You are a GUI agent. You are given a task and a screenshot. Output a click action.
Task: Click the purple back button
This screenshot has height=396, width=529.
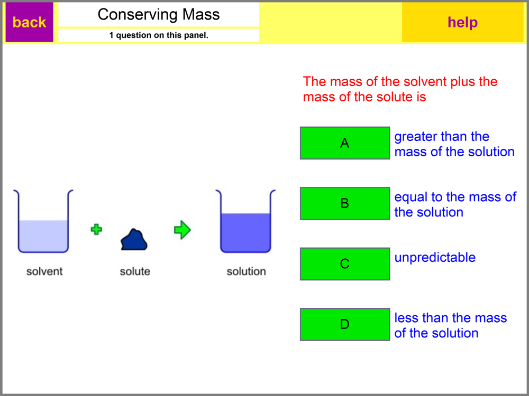[29, 22]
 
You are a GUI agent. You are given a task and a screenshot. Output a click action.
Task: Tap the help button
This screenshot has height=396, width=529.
[462, 22]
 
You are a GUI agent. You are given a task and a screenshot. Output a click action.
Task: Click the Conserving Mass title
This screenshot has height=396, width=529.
[159, 14]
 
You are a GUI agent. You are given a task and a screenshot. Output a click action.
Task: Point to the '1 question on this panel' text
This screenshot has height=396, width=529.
[159, 35]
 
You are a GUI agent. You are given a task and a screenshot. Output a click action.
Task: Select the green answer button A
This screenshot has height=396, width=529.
[344, 143]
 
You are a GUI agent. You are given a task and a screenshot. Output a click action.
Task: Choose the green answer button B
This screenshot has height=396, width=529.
[344, 203]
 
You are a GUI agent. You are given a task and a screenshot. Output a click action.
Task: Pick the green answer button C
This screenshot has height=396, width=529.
[344, 263]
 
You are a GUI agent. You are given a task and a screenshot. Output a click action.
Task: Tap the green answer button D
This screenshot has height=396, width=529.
[344, 324]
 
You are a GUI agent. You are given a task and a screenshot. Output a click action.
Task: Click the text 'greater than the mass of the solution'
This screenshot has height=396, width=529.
[454, 144]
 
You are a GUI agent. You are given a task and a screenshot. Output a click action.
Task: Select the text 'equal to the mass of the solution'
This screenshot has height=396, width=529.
[455, 204]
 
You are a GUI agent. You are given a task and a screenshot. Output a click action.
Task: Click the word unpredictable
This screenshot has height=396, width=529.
[435, 258]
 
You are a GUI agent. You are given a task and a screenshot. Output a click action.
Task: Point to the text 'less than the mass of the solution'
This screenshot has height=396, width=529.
[450, 325]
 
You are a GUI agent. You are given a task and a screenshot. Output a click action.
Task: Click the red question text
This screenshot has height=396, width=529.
[400, 89]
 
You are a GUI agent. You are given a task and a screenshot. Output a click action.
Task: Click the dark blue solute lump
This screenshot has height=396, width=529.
[134, 240]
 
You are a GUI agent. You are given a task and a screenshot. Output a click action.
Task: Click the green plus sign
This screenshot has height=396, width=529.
[96, 229]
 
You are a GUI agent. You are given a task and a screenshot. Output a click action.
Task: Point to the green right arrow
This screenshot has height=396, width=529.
[182, 230]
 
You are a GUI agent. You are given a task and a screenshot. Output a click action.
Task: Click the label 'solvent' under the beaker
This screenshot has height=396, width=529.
[44, 271]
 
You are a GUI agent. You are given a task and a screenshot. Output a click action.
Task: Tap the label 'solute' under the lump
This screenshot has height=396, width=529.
[135, 271]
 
